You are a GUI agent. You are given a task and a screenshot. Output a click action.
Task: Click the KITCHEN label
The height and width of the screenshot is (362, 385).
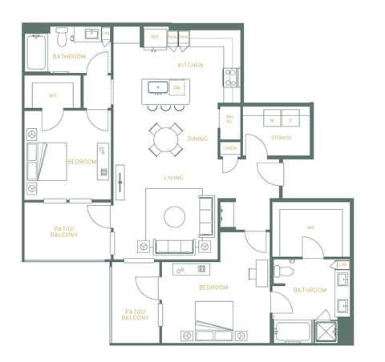pos(190,65)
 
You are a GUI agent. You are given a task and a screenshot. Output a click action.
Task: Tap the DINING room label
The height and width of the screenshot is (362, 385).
pos(197,139)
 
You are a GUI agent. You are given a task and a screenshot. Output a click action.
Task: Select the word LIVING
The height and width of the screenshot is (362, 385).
pos(173,178)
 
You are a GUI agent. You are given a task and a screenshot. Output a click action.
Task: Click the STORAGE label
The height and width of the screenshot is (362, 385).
pos(281,138)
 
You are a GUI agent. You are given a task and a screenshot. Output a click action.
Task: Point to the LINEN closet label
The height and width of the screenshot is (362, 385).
pos(229,148)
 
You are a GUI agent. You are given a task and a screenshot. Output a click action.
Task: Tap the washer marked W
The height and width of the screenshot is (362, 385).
pos(272,121)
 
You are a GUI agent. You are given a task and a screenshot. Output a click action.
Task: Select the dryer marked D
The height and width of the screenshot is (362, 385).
pos(290,121)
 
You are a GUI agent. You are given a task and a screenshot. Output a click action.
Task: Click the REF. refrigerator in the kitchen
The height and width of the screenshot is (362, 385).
pos(154,37)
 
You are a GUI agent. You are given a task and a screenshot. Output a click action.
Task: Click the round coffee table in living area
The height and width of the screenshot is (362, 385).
pos(174,215)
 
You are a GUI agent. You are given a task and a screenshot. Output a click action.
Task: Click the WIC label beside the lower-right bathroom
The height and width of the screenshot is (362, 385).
pos(310,227)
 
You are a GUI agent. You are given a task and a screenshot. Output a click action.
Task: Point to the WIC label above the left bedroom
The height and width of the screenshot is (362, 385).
pos(53,95)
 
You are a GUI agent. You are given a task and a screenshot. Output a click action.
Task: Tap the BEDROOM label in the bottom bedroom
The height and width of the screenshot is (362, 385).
pos(213,288)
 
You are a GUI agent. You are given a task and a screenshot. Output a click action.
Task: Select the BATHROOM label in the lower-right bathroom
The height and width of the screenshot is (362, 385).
pos(310,290)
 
